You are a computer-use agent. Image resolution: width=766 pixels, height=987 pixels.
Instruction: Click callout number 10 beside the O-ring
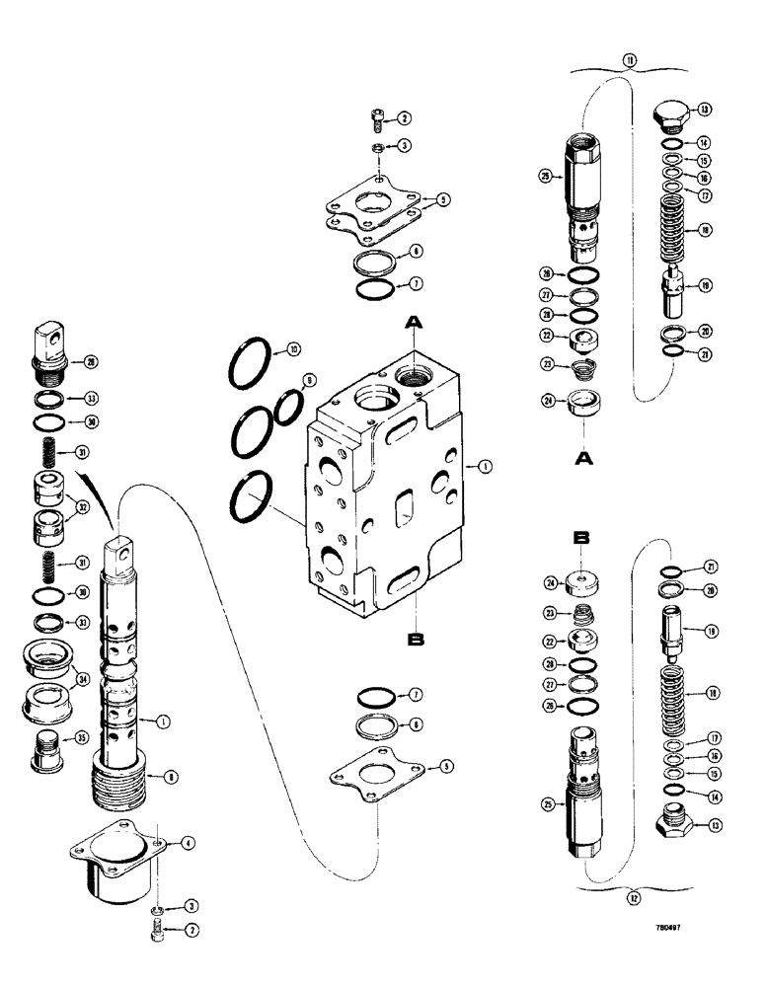[x=293, y=350]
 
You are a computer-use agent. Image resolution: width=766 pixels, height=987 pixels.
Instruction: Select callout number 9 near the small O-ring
[x=309, y=380]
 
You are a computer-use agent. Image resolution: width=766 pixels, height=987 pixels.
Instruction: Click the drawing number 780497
[x=667, y=927]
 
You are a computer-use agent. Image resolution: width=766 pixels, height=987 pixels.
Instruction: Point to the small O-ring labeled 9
[x=286, y=407]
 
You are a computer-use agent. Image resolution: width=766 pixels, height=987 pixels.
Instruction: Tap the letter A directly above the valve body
[x=415, y=322]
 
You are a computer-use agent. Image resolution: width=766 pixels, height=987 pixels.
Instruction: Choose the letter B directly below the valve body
[x=415, y=640]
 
